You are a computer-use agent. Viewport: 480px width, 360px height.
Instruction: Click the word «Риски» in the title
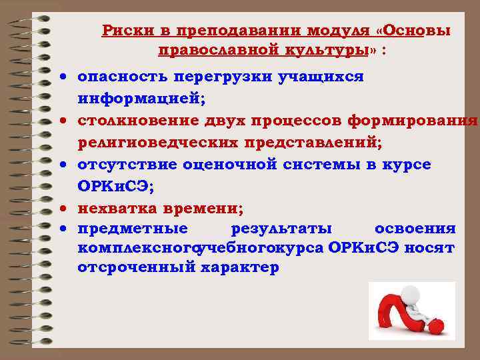(x=121, y=31)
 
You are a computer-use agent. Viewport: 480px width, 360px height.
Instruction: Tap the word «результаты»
(x=281, y=229)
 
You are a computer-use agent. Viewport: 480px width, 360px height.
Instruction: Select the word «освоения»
(x=415, y=229)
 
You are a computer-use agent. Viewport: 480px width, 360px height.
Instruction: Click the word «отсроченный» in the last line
(x=132, y=267)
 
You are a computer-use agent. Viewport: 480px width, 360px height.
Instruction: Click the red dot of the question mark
(x=436, y=327)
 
